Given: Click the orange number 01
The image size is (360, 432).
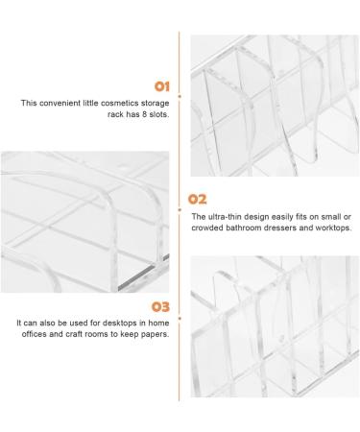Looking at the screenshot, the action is click(x=161, y=86).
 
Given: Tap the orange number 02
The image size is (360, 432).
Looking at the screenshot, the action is click(x=197, y=200).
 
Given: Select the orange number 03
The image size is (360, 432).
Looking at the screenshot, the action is click(x=160, y=307).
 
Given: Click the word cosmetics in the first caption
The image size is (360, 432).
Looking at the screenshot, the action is click(x=120, y=103).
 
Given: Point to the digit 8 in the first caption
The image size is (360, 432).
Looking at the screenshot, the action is click(x=144, y=114).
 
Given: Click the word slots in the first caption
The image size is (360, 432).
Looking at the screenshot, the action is click(x=159, y=114).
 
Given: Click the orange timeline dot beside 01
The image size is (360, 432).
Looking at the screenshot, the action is click(x=180, y=96).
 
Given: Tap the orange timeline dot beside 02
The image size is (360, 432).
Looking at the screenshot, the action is click(x=180, y=210).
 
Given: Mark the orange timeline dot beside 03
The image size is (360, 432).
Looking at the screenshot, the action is click(x=180, y=319).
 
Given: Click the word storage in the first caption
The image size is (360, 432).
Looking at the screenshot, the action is click(x=156, y=104).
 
